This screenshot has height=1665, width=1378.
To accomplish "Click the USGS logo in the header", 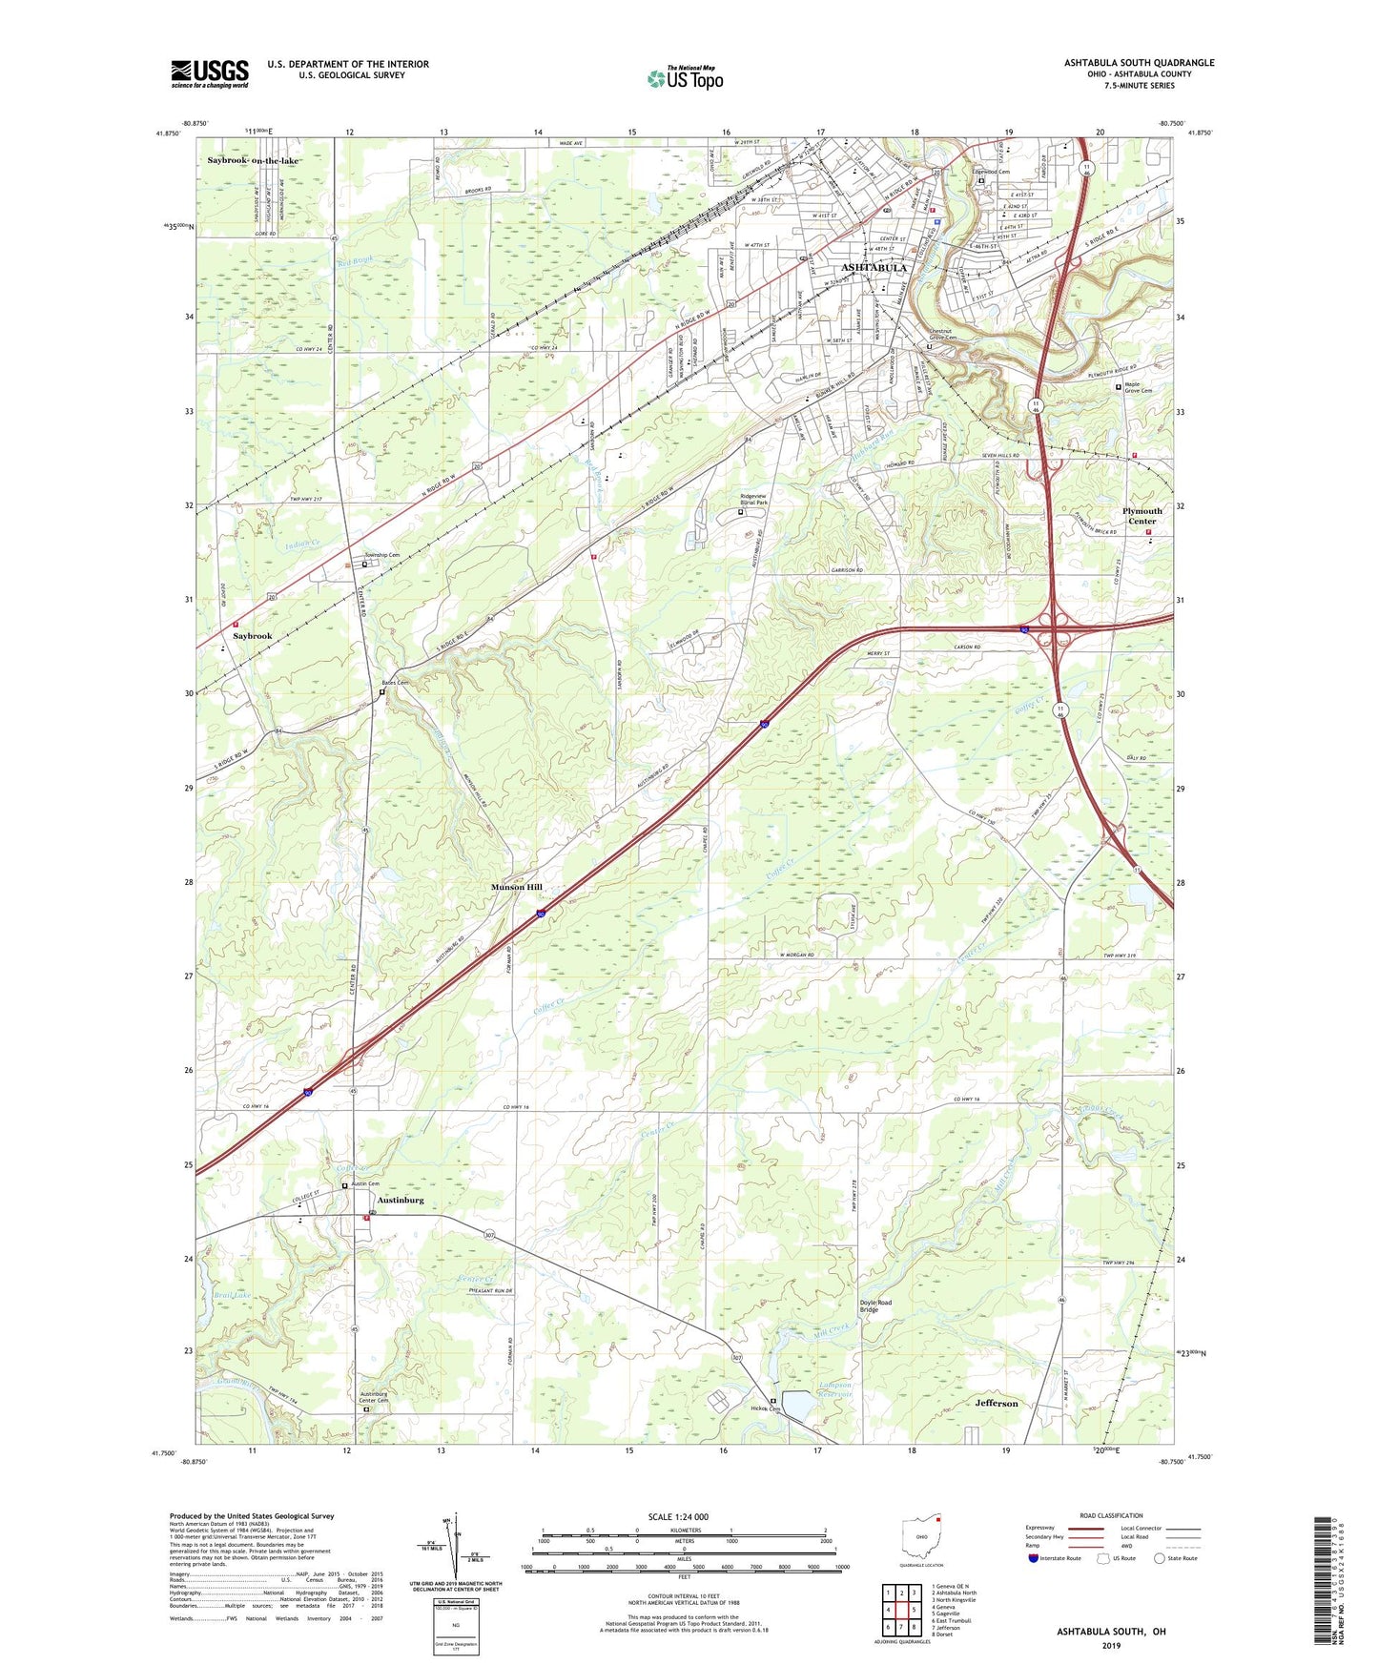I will (x=210, y=73).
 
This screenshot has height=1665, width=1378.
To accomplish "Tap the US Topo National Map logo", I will (x=684, y=77).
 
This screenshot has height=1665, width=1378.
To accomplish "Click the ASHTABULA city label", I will (x=874, y=268).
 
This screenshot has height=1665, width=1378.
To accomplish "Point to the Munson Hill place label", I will (x=516, y=887).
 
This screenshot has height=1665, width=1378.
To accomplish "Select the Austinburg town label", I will (x=401, y=1200).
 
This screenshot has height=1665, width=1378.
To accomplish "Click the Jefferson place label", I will (x=997, y=1403).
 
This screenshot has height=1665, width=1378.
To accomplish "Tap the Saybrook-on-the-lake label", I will (x=253, y=160).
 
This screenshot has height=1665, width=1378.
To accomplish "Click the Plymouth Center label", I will (x=1141, y=516).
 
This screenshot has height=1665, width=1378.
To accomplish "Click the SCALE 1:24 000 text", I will (x=678, y=1516).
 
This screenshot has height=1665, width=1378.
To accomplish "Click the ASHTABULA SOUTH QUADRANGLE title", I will (x=1139, y=63).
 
